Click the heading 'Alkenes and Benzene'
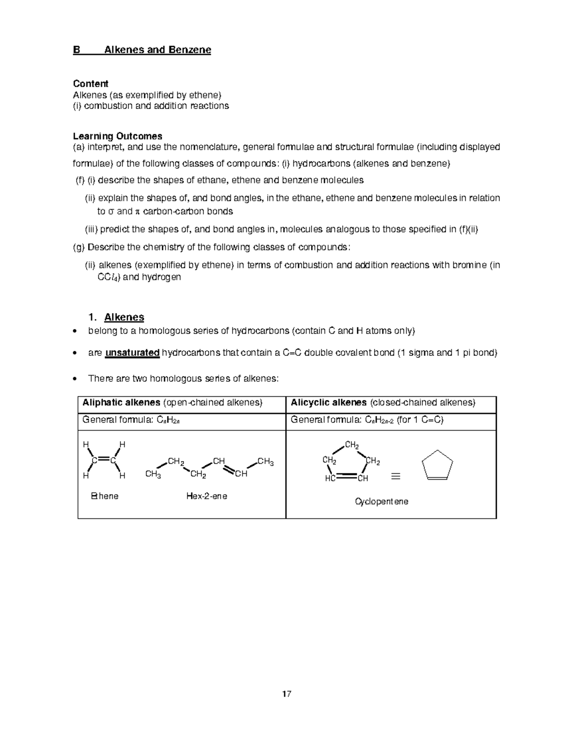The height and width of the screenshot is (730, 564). click(157, 50)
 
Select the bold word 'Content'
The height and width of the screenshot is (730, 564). click(90, 84)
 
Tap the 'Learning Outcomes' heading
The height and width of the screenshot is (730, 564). click(117, 136)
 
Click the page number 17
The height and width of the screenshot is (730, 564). click(287, 694)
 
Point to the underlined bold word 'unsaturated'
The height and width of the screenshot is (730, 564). click(132, 353)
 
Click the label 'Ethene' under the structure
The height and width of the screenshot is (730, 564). click(105, 496)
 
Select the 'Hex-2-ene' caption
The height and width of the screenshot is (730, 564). click(206, 496)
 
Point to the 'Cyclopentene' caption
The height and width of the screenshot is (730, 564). click(381, 502)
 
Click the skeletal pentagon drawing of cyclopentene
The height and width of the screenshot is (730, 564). click(437, 465)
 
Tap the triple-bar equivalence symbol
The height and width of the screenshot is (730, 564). click(396, 477)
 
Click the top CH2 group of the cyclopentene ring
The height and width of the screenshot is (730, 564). click(352, 445)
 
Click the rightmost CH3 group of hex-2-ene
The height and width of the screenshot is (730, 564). click(266, 462)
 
